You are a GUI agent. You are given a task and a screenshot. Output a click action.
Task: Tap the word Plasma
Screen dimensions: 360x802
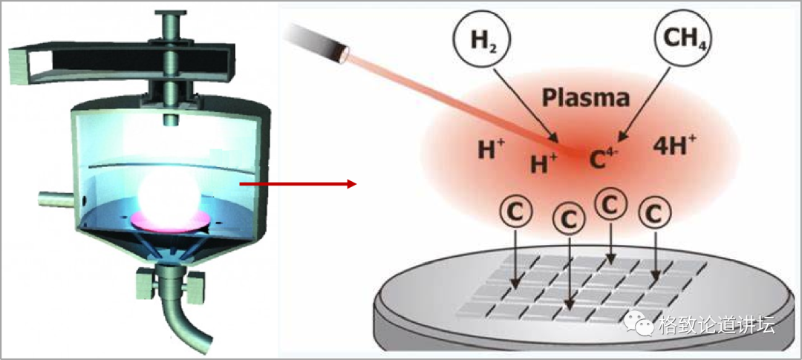click(x=586, y=96)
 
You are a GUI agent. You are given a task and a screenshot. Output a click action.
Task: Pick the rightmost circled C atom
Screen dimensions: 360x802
click(x=653, y=213)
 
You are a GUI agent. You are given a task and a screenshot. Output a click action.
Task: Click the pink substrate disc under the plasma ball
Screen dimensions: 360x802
click(x=169, y=220)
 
